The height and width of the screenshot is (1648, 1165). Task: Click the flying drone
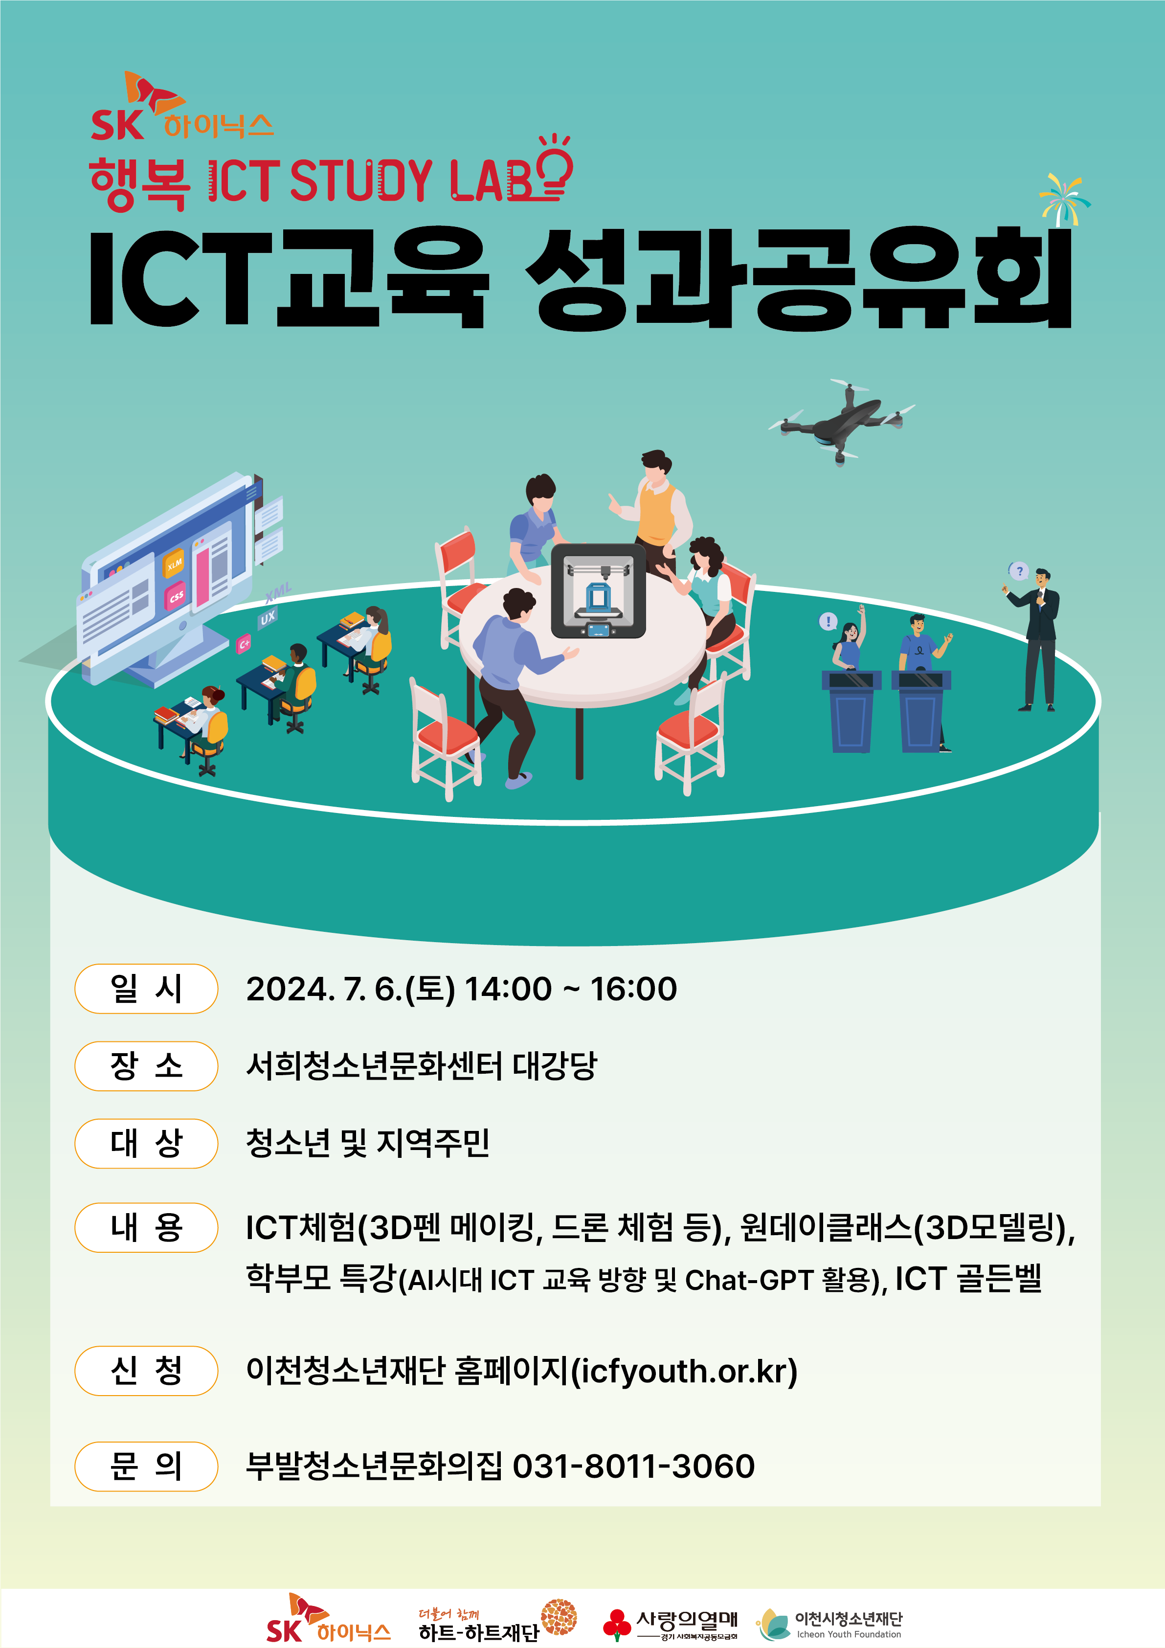(x=841, y=421)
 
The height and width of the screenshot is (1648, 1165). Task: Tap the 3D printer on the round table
(x=598, y=591)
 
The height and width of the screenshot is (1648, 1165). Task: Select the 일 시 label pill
(x=146, y=989)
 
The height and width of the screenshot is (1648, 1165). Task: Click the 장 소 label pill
(x=146, y=1066)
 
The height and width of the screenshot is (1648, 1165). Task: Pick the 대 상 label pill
(x=146, y=1143)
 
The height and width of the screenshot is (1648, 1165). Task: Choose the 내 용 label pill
(x=146, y=1227)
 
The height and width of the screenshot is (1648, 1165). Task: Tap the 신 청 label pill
(x=146, y=1371)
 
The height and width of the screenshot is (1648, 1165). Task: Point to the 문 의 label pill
(x=146, y=1467)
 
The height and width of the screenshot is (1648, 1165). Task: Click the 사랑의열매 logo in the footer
(x=671, y=1625)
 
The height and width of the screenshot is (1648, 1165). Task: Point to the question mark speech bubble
(x=1019, y=571)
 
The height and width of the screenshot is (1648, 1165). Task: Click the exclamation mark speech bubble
(x=829, y=621)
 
